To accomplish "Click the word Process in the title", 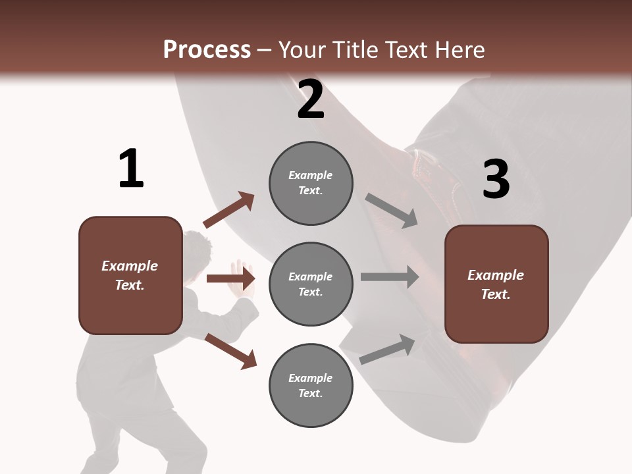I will pyautogui.click(x=207, y=49).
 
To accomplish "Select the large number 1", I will pyautogui.click(x=131, y=169).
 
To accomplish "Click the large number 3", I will pyautogui.click(x=496, y=179).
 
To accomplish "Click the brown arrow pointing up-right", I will pyautogui.click(x=229, y=210).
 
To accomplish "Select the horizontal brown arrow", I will pyautogui.click(x=230, y=278).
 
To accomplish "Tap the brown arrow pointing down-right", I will pyautogui.click(x=230, y=350).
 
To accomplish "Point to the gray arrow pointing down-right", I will pyautogui.click(x=391, y=211).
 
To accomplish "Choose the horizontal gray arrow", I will pyautogui.click(x=389, y=277).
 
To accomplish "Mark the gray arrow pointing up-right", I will pyautogui.click(x=388, y=350).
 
